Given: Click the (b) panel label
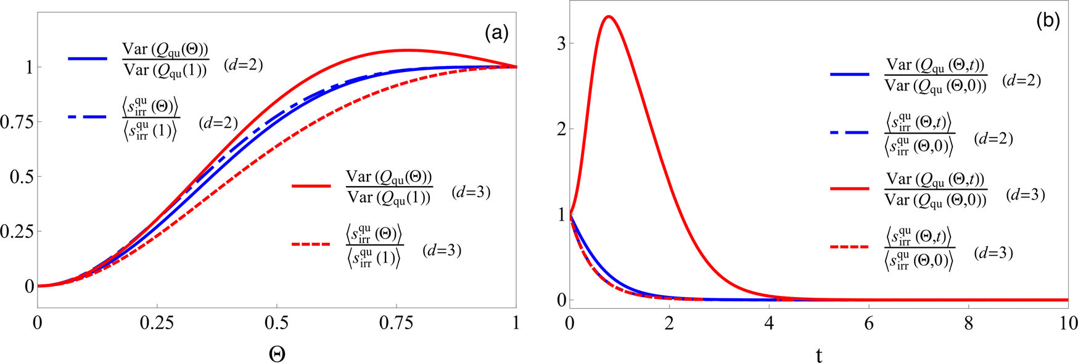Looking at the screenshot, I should click(x=1048, y=21).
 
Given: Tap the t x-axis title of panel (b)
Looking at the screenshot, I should click(x=819, y=355).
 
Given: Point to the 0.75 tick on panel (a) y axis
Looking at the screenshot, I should click(x=17, y=121).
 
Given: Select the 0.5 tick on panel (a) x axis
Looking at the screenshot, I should click(x=277, y=323).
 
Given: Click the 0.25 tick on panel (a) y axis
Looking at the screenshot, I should click(x=17, y=231).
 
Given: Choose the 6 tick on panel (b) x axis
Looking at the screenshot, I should click(x=869, y=323).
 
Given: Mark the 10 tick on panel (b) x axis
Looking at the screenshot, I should click(x=1068, y=323).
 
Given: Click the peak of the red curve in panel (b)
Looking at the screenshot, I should click(x=609, y=16).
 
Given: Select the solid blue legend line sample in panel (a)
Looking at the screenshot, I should click(x=88, y=59).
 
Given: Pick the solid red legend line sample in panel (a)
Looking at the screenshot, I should click(x=311, y=186).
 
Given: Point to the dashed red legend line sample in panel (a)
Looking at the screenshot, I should click(x=311, y=244).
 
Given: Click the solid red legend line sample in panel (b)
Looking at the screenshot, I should click(x=850, y=188).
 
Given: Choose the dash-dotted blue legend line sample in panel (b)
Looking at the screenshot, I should click(x=850, y=131).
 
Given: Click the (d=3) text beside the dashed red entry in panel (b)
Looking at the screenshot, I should click(x=994, y=253).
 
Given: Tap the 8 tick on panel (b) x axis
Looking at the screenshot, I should click(x=969, y=323).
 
